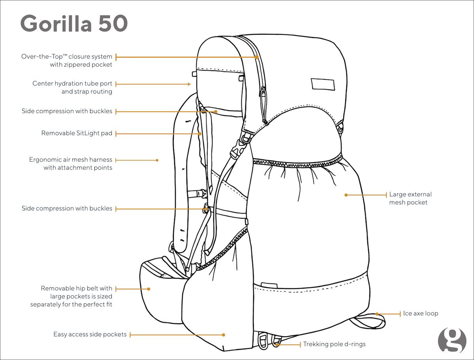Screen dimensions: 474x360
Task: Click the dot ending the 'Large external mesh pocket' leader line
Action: coord(346,195)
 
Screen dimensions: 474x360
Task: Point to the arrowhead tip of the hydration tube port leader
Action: coord(190,84)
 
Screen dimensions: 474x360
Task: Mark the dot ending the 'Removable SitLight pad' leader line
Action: coord(200,134)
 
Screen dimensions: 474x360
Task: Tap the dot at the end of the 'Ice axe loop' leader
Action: coord(377,314)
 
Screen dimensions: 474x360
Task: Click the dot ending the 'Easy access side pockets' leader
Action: coord(224,335)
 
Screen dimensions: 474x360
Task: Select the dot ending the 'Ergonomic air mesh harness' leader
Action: coord(157,160)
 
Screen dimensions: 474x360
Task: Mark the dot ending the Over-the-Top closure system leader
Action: coord(256,57)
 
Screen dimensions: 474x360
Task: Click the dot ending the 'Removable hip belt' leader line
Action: coord(149,289)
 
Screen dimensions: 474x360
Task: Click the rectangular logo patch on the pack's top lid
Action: coord(323,84)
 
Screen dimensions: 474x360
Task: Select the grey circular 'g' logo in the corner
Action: coord(452,341)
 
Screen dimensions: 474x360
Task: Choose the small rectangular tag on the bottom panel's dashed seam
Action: coord(269,285)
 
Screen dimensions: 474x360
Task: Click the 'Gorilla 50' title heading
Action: coord(74,23)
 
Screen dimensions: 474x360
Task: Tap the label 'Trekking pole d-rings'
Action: coord(334,344)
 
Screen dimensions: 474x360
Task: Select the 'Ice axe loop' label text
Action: coord(421,313)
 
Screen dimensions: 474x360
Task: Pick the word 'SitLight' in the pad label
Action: coord(88,133)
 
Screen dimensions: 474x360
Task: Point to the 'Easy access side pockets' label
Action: coord(90,334)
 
